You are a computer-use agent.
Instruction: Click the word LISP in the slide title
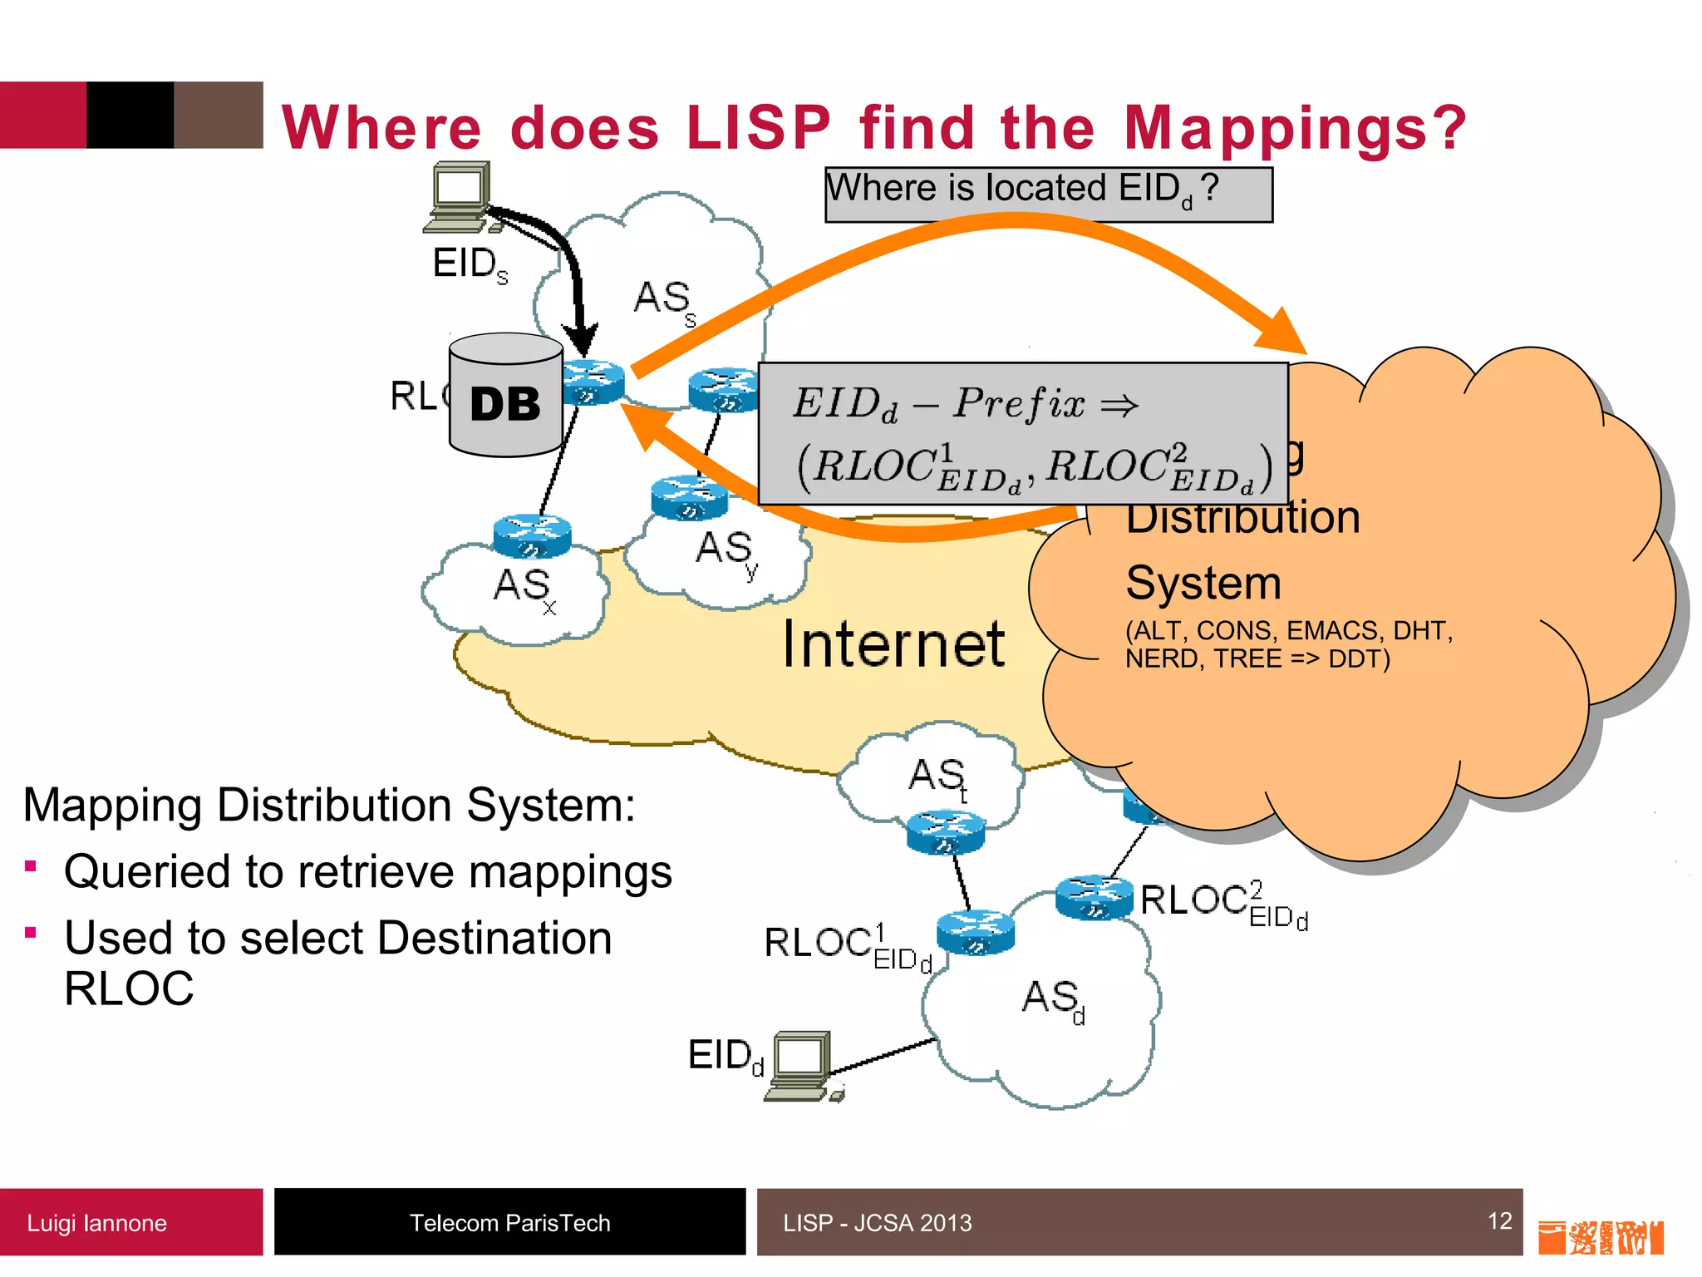(x=758, y=128)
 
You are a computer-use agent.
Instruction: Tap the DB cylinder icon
(x=505, y=396)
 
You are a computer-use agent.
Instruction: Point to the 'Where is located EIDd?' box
(x=1048, y=195)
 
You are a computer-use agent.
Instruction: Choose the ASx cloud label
(x=524, y=588)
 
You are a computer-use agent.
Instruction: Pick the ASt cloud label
(x=938, y=777)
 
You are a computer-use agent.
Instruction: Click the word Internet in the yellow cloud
(x=893, y=644)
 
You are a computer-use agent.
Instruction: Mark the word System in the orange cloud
(x=1203, y=583)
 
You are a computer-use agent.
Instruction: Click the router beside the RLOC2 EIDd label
(x=1094, y=897)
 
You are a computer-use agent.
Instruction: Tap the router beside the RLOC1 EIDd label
(x=976, y=932)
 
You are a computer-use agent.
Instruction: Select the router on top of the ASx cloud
(x=532, y=536)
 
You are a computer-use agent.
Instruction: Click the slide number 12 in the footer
(x=1499, y=1220)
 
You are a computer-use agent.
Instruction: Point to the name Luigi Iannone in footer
(x=97, y=1223)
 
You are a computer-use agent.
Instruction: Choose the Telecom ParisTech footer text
(x=509, y=1223)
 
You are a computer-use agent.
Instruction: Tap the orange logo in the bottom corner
(x=1600, y=1237)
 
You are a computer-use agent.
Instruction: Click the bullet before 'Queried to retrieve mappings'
(x=31, y=866)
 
